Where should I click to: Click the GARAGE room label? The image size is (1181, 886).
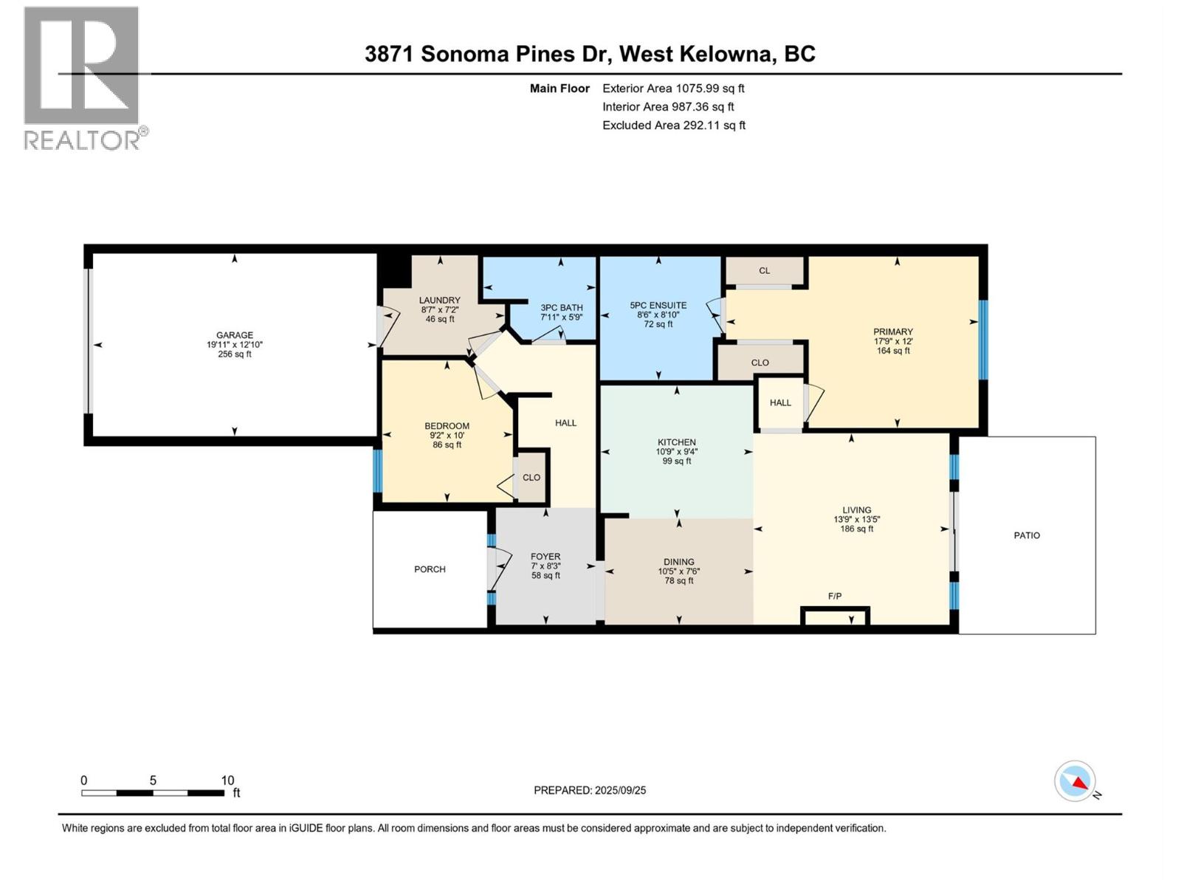(x=234, y=334)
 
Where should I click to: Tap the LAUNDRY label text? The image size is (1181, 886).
(x=439, y=300)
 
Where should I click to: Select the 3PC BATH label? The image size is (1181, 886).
(x=561, y=307)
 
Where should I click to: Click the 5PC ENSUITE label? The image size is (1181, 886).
(x=658, y=305)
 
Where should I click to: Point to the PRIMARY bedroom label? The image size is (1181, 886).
(x=892, y=332)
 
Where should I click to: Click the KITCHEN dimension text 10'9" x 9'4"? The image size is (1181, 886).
(x=676, y=451)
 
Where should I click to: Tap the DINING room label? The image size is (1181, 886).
(x=678, y=562)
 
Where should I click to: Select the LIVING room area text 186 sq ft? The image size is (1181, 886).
(x=856, y=529)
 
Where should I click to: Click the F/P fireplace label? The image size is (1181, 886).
(x=835, y=596)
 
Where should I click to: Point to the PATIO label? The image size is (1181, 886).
(x=1026, y=535)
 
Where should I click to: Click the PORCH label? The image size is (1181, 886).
(x=430, y=569)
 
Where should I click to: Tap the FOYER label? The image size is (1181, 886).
(x=545, y=557)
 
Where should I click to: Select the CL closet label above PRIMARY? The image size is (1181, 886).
(x=764, y=271)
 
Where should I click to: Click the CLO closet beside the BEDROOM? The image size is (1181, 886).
(x=531, y=478)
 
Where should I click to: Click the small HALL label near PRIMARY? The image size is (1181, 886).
(x=780, y=402)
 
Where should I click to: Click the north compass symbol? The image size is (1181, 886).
(x=1075, y=781)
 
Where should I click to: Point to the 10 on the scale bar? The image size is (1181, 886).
(x=227, y=780)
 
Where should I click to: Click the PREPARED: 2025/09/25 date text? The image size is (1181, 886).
(x=590, y=790)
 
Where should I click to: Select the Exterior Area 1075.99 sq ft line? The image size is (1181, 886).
(x=673, y=88)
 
